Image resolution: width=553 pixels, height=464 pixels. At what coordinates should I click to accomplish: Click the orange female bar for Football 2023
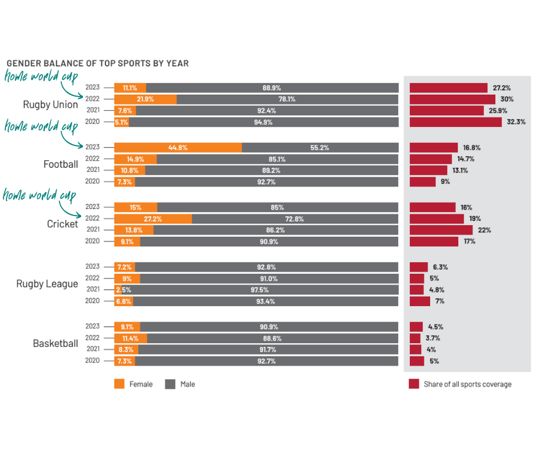click(x=178, y=148)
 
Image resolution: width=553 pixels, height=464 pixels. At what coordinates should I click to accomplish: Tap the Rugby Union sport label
click(x=50, y=105)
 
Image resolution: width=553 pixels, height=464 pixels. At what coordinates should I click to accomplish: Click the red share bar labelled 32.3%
click(x=455, y=122)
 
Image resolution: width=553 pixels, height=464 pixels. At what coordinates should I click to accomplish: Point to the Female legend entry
click(x=134, y=385)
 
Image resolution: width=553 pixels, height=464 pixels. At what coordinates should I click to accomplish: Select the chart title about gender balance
click(x=98, y=63)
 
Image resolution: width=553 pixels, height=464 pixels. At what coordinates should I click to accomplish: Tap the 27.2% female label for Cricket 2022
click(x=152, y=218)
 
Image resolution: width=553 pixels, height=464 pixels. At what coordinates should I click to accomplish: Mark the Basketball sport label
click(x=55, y=343)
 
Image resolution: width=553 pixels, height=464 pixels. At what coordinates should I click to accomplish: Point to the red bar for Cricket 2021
click(x=441, y=230)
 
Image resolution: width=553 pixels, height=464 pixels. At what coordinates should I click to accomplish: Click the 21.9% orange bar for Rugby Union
click(x=145, y=100)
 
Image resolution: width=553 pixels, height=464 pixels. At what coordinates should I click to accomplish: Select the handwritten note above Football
click(x=41, y=126)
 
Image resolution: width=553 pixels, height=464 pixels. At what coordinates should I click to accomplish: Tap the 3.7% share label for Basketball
click(x=433, y=338)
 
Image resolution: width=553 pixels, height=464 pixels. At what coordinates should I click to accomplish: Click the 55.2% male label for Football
click(x=319, y=148)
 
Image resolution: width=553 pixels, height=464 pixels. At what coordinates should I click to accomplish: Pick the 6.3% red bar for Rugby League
click(x=418, y=267)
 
